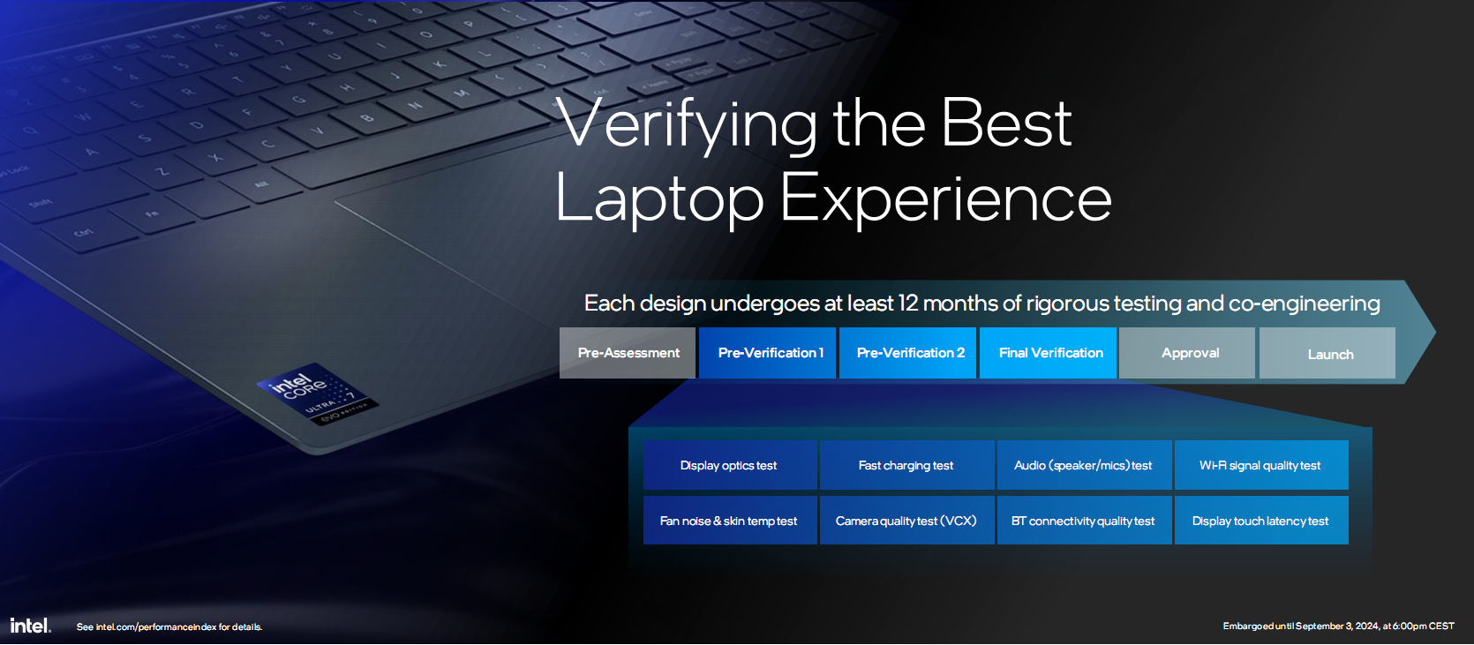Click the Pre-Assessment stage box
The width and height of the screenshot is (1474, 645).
[x=627, y=353]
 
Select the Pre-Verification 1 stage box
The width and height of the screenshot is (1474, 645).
[x=767, y=353]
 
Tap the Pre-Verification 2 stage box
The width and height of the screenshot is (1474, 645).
[x=907, y=353]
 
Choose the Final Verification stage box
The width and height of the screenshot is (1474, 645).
[x=1048, y=353]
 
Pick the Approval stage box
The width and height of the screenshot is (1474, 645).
[x=1187, y=353]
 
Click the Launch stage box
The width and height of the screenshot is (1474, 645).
[x=1327, y=353]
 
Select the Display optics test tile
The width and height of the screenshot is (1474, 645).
[x=730, y=465]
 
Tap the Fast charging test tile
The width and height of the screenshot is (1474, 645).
[x=906, y=465]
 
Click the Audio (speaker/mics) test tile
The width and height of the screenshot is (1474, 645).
[x=1084, y=465]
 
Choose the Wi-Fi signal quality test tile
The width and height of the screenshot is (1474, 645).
[x=1261, y=465]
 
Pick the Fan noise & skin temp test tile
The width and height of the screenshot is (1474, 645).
[x=730, y=520]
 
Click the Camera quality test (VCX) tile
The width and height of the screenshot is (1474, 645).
[x=906, y=520]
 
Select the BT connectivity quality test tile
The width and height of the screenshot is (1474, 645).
[x=1084, y=520]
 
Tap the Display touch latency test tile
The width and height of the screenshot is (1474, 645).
[x=1261, y=520]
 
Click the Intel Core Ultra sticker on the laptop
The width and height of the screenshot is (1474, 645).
[x=317, y=394]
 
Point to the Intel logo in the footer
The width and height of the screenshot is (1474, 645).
[x=30, y=626]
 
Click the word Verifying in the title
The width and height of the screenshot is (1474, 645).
[x=687, y=124]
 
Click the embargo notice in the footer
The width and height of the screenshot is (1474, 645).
[x=1338, y=626]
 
